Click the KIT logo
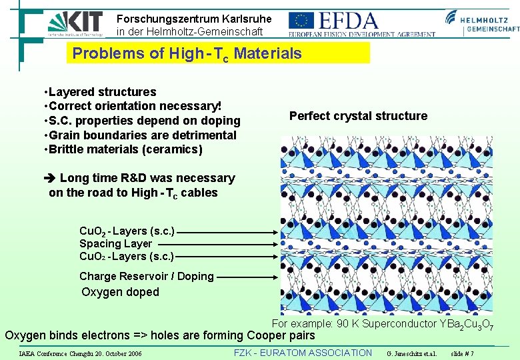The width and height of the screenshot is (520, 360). [75, 23]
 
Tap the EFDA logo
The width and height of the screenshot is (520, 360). [361, 23]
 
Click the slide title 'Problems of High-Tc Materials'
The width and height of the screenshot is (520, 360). [187, 53]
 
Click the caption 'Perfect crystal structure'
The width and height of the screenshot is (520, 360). [358, 116]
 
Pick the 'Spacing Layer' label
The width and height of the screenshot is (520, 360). [115, 244]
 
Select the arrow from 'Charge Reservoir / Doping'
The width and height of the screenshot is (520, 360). [247, 276]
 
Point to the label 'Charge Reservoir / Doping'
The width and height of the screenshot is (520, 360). [146, 276]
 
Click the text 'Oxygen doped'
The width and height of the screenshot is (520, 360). [120, 292]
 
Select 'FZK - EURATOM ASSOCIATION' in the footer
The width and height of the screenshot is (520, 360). [303, 353]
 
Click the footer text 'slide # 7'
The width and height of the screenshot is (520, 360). [462, 353]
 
